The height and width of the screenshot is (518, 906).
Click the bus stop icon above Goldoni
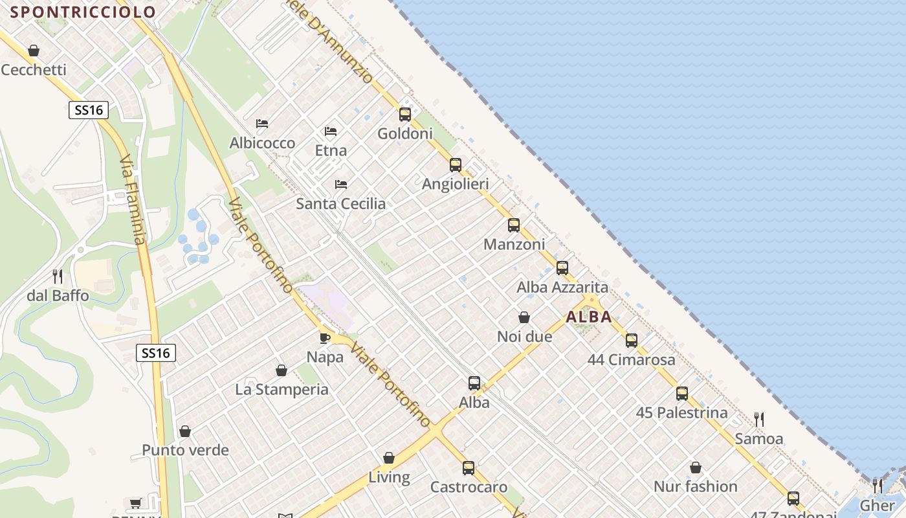pyautogui.click(x=405, y=115)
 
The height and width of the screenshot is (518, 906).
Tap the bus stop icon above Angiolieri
pyautogui.click(x=456, y=165)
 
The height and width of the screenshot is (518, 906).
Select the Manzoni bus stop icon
pyautogui.click(x=514, y=225)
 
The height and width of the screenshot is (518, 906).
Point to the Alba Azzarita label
pyautogui.click(x=562, y=287)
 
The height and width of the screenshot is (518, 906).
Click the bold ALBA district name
pyautogui.click(x=589, y=317)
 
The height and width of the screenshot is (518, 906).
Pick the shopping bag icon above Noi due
pyautogui.click(x=524, y=317)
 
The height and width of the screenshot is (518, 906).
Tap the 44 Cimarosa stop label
pyautogui.click(x=631, y=359)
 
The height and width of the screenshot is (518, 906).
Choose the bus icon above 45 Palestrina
pyautogui.click(x=682, y=394)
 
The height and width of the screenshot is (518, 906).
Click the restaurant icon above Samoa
pyautogui.click(x=759, y=420)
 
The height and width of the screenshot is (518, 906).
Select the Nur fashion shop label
pyautogui.click(x=695, y=486)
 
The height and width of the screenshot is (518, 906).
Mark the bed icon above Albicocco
pyautogui.click(x=262, y=124)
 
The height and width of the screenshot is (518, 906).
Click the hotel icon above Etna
pyautogui.click(x=331, y=131)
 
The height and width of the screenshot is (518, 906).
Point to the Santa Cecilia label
pyautogui.click(x=340, y=203)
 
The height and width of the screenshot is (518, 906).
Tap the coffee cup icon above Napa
pyautogui.click(x=325, y=337)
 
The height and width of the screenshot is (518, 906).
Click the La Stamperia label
pyautogui.click(x=282, y=389)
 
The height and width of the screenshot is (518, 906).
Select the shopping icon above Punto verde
pyautogui.click(x=185, y=431)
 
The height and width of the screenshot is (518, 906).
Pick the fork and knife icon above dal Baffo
pyautogui.click(x=58, y=276)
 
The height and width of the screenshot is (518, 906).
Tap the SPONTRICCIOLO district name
pyautogui.click(x=83, y=12)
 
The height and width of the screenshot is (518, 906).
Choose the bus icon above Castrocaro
pyautogui.click(x=469, y=467)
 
